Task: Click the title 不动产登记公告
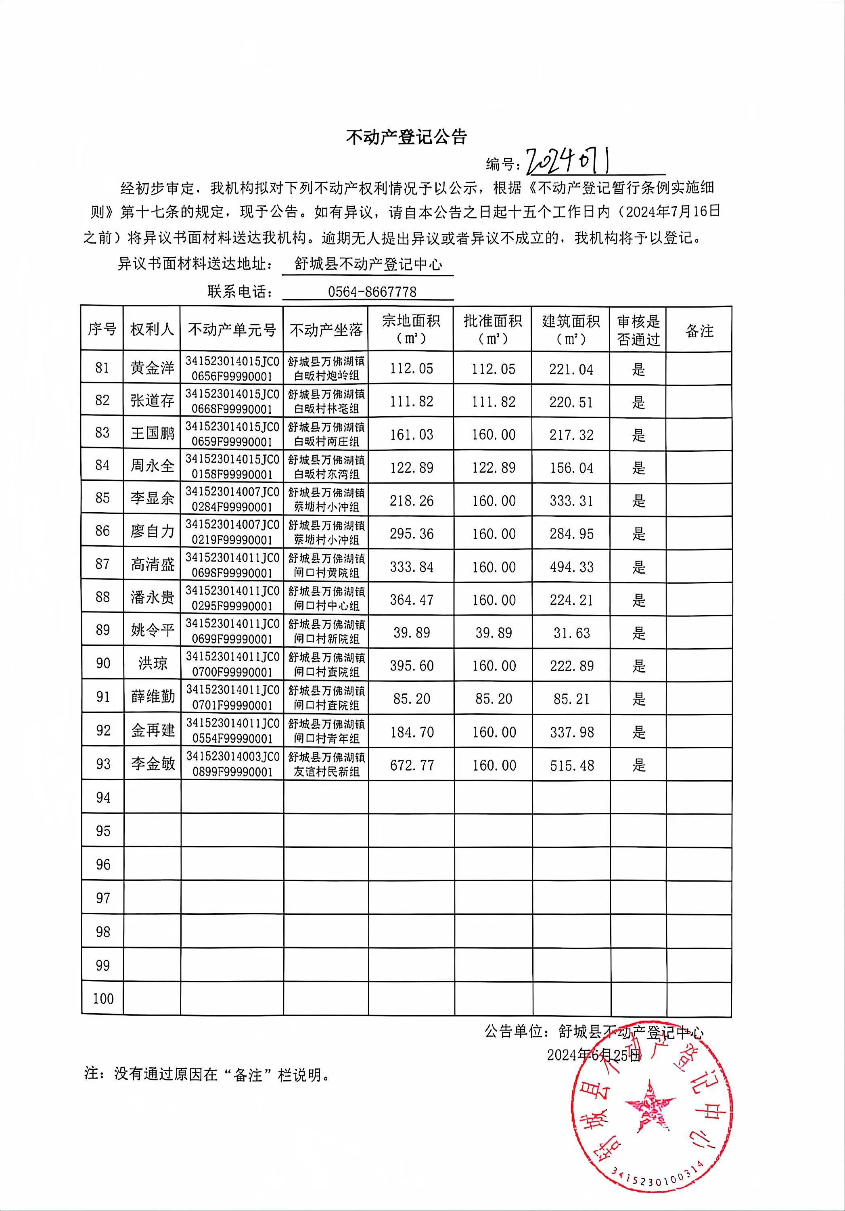click(406, 137)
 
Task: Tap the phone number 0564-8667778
click(372, 292)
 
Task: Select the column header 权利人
click(152, 329)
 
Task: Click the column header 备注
click(699, 331)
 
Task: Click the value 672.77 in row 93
click(412, 765)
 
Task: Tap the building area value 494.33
click(571, 567)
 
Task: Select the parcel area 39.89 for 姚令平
click(412, 633)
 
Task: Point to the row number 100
click(103, 998)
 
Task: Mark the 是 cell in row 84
click(638, 468)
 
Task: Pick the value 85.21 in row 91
click(571, 699)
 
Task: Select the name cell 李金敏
click(153, 763)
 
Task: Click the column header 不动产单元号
click(232, 330)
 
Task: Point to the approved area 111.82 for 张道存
click(494, 401)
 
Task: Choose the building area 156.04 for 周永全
click(571, 468)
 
